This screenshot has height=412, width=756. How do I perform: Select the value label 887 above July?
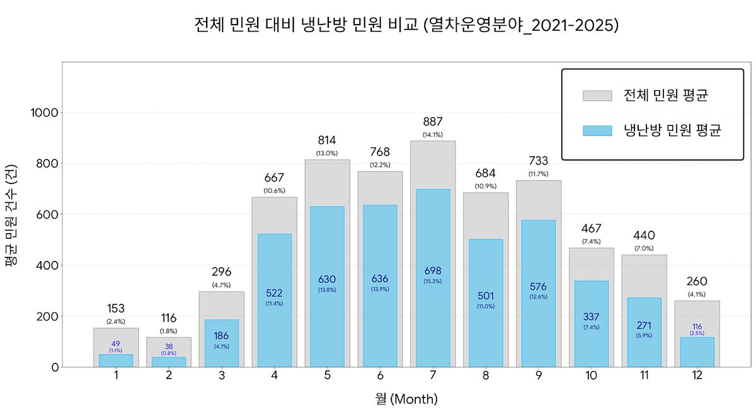433,122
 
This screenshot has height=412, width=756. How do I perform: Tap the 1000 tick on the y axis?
45,113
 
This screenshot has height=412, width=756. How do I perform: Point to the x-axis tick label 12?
697,376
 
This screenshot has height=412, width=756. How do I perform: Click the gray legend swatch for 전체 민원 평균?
597,96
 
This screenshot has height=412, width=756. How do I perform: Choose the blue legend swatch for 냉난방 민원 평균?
597,130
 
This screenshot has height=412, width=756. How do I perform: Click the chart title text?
406,25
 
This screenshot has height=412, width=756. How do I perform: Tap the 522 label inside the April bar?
275,293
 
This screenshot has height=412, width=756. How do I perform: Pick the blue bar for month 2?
169,362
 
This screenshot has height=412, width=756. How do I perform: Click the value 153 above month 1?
116,309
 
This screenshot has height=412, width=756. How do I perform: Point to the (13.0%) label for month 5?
327,153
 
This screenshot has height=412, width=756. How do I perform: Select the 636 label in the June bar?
380,279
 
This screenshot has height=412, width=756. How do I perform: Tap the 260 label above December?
697,281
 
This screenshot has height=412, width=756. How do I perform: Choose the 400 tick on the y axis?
49,265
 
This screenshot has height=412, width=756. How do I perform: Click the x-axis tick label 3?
222,376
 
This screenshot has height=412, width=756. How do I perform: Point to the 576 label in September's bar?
538,287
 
